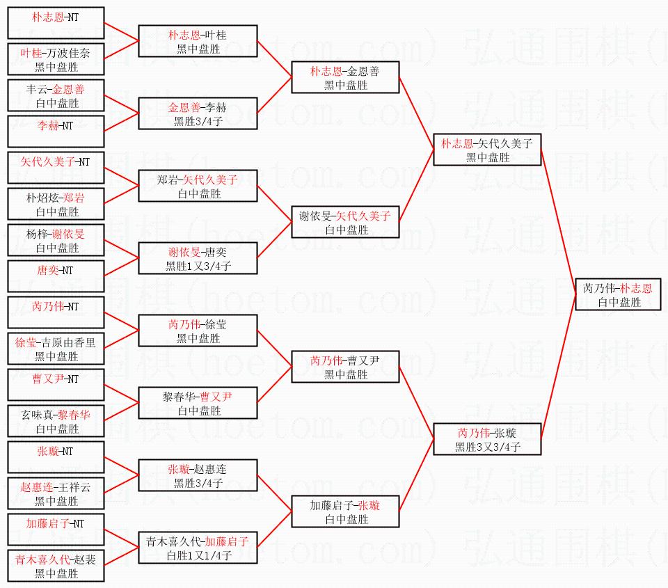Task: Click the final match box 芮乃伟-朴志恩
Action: point(618,295)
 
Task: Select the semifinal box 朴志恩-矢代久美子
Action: point(486,150)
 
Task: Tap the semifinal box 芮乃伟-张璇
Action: point(486,440)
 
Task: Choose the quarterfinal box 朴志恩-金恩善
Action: point(345,78)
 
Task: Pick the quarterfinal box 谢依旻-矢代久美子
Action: point(345,223)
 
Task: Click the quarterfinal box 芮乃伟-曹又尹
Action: point(345,367)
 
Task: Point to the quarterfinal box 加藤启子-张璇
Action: point(345,512)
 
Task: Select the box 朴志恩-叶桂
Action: point(198,42)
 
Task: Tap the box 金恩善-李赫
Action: point(198,114)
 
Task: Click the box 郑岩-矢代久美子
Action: point(198,186)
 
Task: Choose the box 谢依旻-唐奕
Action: point(198,259)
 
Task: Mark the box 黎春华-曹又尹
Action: point(198,404)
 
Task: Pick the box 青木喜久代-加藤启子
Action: point(198,548)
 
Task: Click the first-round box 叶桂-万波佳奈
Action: point(56,60)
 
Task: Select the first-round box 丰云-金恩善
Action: point(56,96)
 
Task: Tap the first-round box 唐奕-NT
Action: point(56,277)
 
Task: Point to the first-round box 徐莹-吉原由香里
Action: point(56,349)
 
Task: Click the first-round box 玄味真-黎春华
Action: point(56,422)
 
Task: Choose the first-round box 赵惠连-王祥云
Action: point(56,494)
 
